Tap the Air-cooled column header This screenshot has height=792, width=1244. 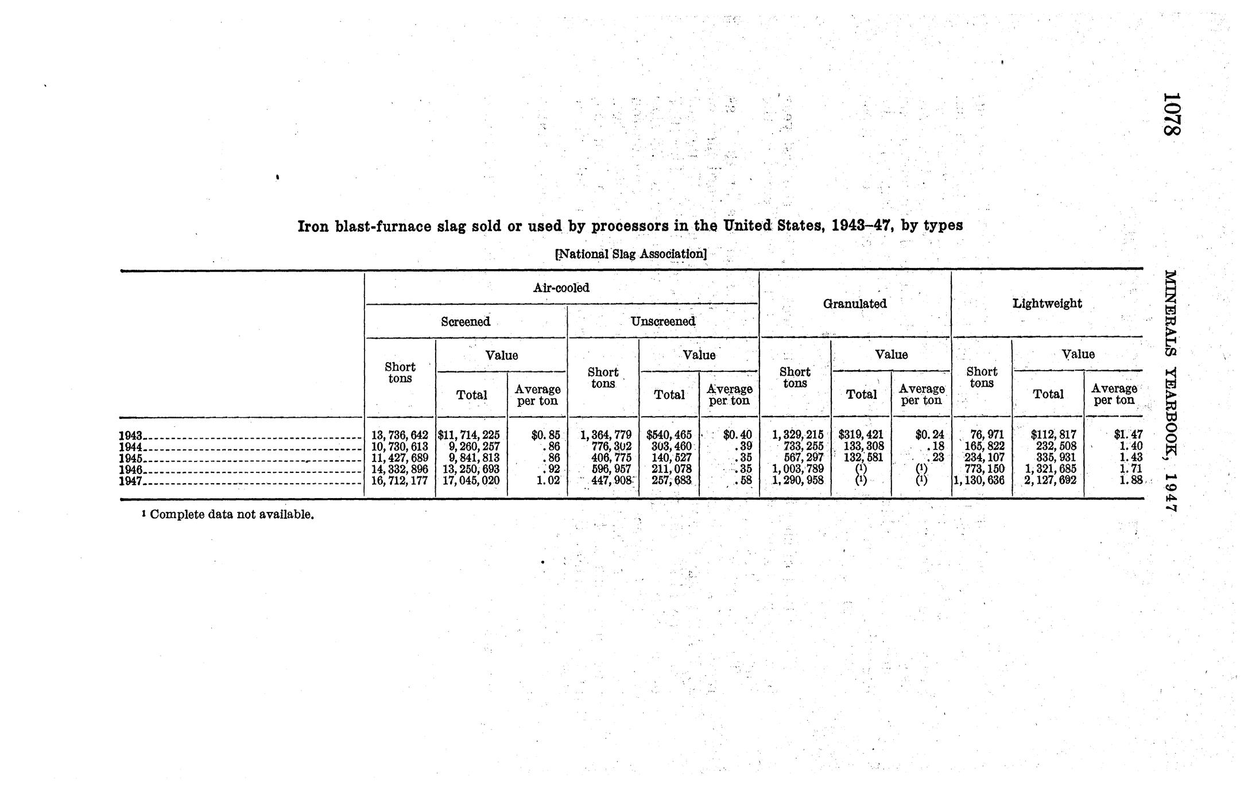(561, 288)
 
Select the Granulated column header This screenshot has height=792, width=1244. (855, 304)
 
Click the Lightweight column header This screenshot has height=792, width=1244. (1047, 303)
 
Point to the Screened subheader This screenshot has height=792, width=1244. (466, 321)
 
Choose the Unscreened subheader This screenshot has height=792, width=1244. (663, 321)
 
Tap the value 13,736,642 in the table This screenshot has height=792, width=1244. (400, 436)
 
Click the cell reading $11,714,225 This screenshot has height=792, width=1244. (469, 436)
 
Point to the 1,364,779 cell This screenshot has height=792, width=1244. (606, 436)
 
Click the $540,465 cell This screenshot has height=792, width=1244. (669, 436)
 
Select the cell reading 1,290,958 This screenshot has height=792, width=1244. (798, 481)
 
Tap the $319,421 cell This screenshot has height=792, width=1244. (861, 436)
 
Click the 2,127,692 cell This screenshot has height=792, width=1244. (1050, 481)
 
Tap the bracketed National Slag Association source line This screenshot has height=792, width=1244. (631, 254)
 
